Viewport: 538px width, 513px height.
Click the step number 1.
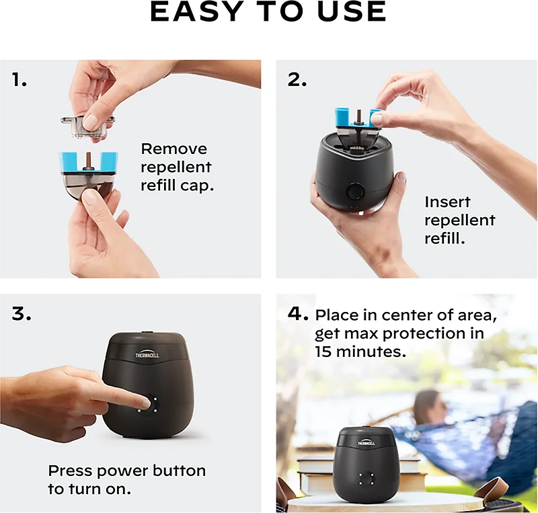click(x=20, y=80)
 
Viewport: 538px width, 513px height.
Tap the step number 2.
click(x=297, y=80)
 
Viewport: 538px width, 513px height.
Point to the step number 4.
click(x=298, y=314)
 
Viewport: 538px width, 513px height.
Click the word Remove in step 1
click(x=174, y=149)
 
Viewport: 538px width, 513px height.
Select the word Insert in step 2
click(x=447, y=202)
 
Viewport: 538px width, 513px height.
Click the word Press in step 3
click(x=69, y=471)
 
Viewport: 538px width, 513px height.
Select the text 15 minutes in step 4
click(x=360, y=352)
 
